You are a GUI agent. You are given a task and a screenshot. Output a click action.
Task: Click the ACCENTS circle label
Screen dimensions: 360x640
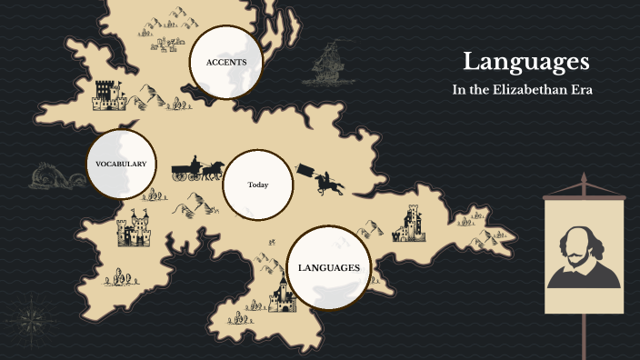[x=226, y=62]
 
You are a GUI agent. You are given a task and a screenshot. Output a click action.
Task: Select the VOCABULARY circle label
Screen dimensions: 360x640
[x=121, y=164]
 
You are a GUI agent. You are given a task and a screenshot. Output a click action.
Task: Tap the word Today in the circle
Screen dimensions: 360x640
[x=258, y=185]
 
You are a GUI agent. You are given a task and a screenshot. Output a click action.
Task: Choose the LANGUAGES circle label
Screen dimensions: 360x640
[x=329, y=267]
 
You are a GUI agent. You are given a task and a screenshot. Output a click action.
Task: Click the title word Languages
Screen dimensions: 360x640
[x=525, y=62]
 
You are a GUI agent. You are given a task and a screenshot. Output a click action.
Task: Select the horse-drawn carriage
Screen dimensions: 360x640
[x=195, y=167]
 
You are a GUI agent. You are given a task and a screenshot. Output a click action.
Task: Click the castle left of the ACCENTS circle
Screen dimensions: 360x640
[x=108, y=94]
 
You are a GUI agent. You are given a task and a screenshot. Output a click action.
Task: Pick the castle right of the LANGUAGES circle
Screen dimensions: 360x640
[x=408, y=225]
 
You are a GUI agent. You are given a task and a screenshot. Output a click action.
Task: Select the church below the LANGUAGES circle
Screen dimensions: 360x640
[x=282, y=296]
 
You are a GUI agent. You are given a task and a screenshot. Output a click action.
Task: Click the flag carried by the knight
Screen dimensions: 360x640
[x=305, y=171]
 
